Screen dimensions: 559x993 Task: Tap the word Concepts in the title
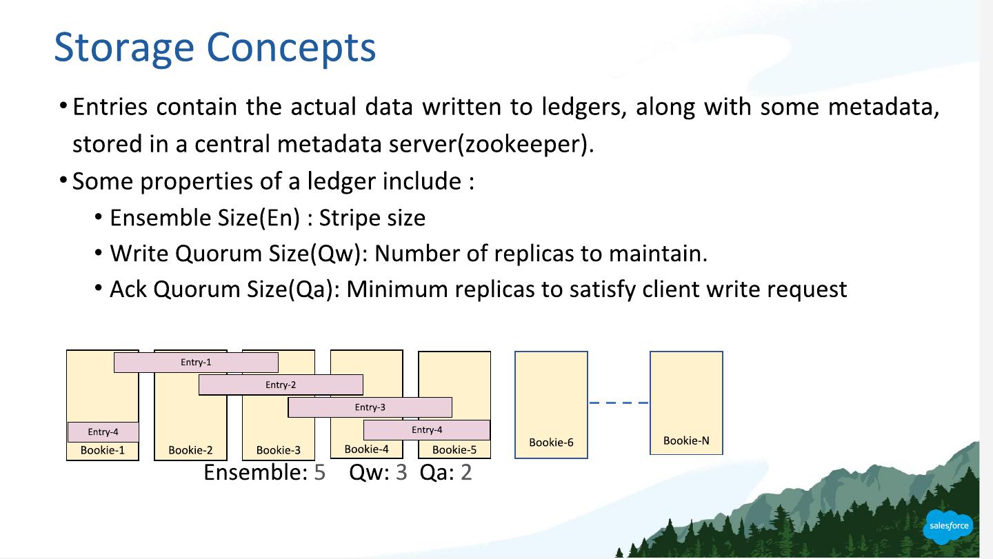click(291, 48)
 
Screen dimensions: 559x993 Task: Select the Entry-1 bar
click(196, 363)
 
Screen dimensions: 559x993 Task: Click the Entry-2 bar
click(281, 385)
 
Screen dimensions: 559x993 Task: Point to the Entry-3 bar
click(370, 407)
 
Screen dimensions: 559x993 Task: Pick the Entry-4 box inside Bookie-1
click(103, 432)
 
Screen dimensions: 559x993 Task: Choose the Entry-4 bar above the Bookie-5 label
click(427, 430)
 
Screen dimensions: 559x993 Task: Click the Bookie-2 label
click(190, 450)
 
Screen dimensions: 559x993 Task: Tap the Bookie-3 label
click(278, 450)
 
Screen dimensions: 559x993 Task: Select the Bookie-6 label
click(551, 443)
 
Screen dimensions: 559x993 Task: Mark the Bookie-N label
click(686, 441)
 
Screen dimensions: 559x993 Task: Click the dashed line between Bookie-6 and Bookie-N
click(619, 403)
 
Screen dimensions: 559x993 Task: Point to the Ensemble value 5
click(319, 473)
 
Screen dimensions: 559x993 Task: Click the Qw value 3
click(401, 473)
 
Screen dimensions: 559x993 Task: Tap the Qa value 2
click(466, 473)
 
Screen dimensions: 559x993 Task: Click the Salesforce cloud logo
click(949, 526)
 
